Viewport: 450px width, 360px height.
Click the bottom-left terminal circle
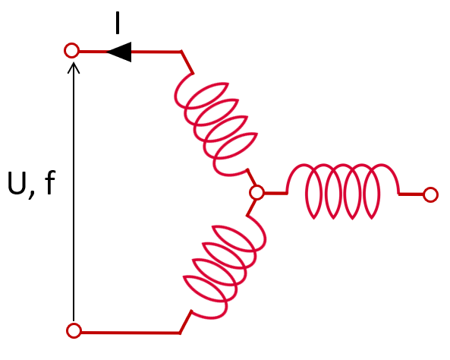67,330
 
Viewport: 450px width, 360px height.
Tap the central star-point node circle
250,192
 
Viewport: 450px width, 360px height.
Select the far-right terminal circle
423,194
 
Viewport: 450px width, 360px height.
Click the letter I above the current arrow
117,23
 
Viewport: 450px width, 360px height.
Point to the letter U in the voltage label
17,183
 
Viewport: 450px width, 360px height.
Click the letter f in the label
50,182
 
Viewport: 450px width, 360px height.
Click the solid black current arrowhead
119,52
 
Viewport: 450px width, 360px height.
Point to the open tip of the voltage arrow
74,63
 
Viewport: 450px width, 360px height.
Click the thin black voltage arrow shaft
74,192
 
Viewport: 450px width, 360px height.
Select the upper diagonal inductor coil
216,124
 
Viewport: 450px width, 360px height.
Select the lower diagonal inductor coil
225,267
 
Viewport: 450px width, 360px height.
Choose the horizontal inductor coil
342,192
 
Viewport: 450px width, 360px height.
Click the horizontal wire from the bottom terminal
131,333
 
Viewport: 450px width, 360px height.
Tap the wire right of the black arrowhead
156,52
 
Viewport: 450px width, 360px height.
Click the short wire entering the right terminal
411,194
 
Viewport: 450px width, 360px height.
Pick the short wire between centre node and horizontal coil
275,193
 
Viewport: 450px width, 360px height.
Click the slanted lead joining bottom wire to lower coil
185,322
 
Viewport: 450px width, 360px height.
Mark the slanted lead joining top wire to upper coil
187,62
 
